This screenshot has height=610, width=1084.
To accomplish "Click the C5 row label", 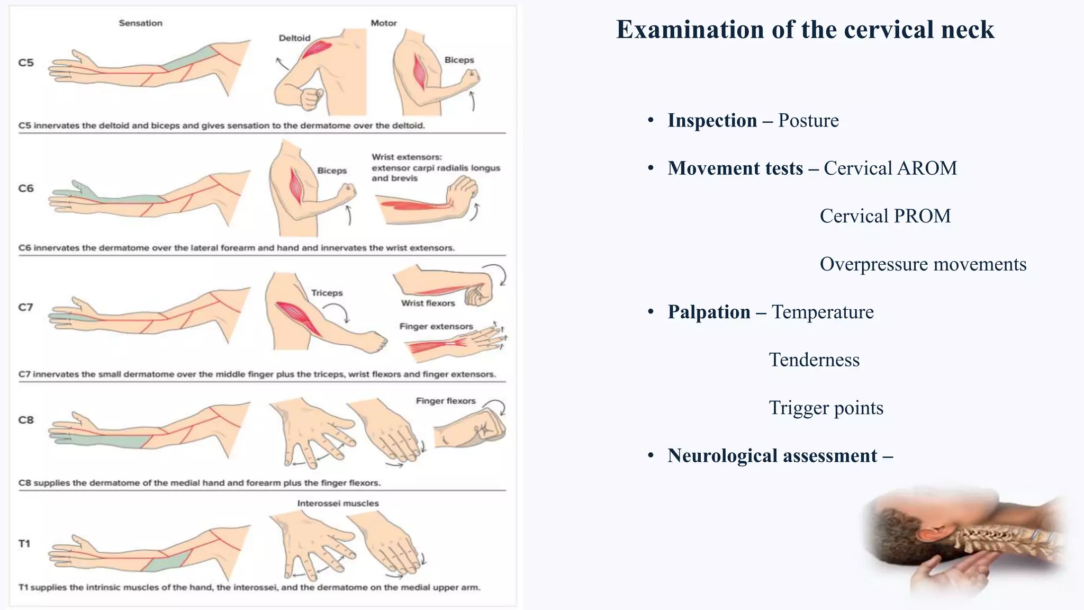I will pyautogui.click(x=26, y=62).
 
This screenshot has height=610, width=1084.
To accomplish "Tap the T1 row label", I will pyautogui.click(x=24, y=543).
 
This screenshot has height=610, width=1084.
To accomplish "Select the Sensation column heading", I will pyautogui.click(x=140, y=23).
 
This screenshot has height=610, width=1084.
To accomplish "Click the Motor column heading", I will pyautogui.click(x=383, y=23).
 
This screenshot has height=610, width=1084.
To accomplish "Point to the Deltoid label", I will pyautogui.click(x=294, y=38).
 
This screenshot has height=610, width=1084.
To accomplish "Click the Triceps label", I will pyautogui.click(x=327, y=293).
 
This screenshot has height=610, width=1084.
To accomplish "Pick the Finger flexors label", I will pyautogui.click(x=446, y=401).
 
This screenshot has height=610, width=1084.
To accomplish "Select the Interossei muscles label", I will pyautogui.click(x=338, y=503).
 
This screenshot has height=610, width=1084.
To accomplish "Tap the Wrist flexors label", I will pyautogui.click(x=428, y=303).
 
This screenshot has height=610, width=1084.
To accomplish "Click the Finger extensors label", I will pyautogui.click(x=436, y=326).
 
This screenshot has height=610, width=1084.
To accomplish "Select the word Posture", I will pyautogui.click(x=808, y=121).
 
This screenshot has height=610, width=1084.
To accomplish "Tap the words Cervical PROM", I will pyautogui.click(x=885, y=216).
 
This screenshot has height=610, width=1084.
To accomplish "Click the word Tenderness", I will pyautogui.click(x=814, y=360).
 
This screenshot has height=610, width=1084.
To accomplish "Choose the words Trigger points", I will pyautogui.click(x=826, y=408).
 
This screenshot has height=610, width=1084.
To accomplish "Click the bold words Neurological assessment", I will pyautogui.click(x=772, y=456).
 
